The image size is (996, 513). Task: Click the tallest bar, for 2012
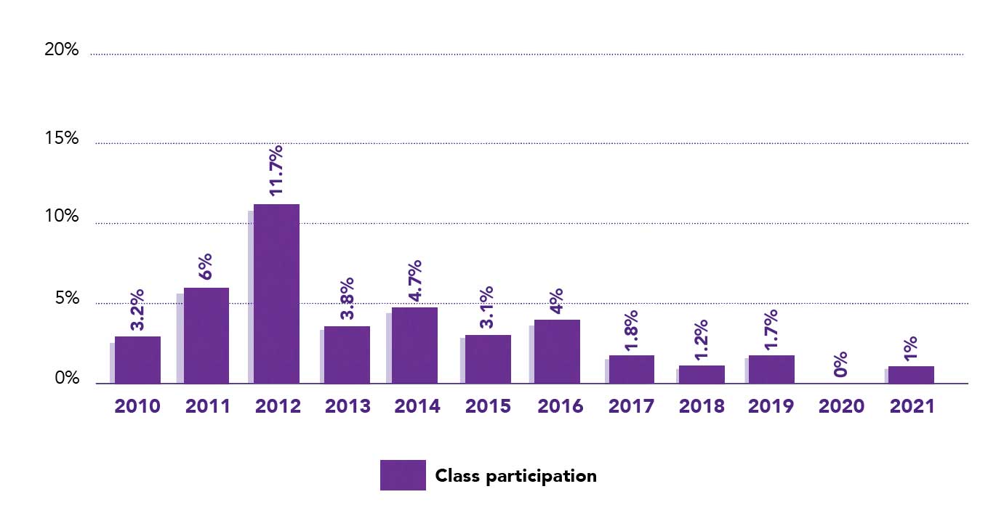coord(276,294)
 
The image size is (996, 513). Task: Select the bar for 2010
coord(137,360)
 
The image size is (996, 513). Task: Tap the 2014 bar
coord(414,345)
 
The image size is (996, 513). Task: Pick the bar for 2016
coord(557,352)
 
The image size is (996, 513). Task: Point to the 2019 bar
coord(771,369)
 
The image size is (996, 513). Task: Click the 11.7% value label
coord(276,170)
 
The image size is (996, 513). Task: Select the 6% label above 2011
coord(206,267)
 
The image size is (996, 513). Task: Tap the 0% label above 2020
coord(840,363)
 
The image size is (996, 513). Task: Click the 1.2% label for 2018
coord(702,339)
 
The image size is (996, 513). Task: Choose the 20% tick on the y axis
coord(62,50)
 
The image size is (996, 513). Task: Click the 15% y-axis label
coord(62,138)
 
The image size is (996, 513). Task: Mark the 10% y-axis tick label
coord(62,217)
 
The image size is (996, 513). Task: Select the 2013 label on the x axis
coord(347,406)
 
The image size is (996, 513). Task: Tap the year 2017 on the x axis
coord(632,406)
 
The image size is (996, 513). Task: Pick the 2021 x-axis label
coord(912,406)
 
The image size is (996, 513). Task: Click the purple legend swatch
coord(403,475)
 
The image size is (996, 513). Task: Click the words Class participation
coord(515,476)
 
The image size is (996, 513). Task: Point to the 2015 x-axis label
coord(488,406)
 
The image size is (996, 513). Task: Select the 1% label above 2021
coord(912,349)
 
